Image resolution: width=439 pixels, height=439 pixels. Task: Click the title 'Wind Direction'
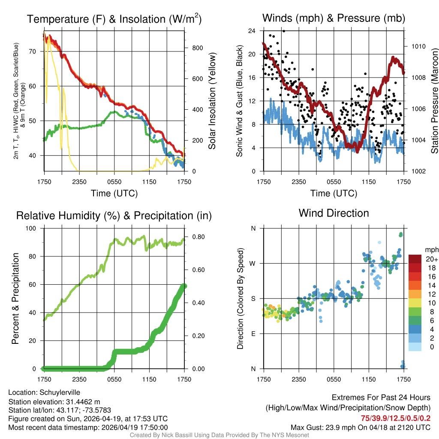click(x=334, y=213)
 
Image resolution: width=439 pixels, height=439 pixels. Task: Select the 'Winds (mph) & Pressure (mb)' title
click(x=334, y=18)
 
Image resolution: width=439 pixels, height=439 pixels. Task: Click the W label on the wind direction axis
click(x=253, y=264)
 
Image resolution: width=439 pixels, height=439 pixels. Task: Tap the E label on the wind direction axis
click(x=253, y=334)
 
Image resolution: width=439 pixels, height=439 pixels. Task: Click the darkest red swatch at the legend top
click(x=415, y=259)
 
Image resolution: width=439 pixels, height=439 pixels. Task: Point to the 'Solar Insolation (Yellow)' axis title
click(x=212, y=101)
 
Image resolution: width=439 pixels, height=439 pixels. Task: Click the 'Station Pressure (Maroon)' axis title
click(x=434, y=101)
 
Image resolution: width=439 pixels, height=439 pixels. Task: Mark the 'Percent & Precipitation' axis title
click(x=16, y=298)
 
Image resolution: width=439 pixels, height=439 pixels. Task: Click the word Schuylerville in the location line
click(x=60, y=392)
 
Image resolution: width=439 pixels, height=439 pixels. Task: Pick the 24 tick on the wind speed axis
click(x=252, y=31)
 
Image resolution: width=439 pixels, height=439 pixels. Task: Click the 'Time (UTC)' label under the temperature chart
click(x=114, y=193)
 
